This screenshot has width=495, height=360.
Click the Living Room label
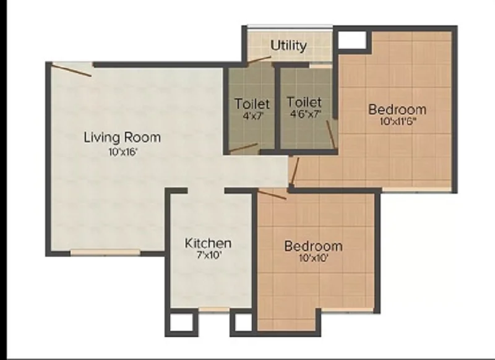click(x=122, y=138)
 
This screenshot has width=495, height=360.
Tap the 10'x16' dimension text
click(x=123, y=152)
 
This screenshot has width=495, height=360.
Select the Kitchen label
click(x=208, y=243)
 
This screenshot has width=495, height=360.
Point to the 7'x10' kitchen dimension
click(x=208, y=255)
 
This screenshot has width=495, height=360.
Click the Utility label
click(x=288, y=46)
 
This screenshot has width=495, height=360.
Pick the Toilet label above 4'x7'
click(x=252, y=104)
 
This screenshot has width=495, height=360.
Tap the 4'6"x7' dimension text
click(x=306, y=114)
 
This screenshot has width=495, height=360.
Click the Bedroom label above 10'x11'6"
click(x=397, y=109)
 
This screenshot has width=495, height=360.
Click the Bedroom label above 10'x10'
click(x=314, y=246)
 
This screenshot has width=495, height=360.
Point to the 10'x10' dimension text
click(x=314, y=259)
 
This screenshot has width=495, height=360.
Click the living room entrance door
click(x=72, y=70)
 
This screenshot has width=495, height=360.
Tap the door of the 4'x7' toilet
click(x=243, y=148)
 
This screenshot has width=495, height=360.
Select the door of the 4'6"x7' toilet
click(x=331, y=134)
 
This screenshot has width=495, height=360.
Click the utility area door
click(x=259, y=60)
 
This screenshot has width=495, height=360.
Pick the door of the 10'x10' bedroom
click(x=272, y=194)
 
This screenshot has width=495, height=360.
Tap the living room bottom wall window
click(x=105, y=252)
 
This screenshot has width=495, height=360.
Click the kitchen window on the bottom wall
click(x=214, y=310)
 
